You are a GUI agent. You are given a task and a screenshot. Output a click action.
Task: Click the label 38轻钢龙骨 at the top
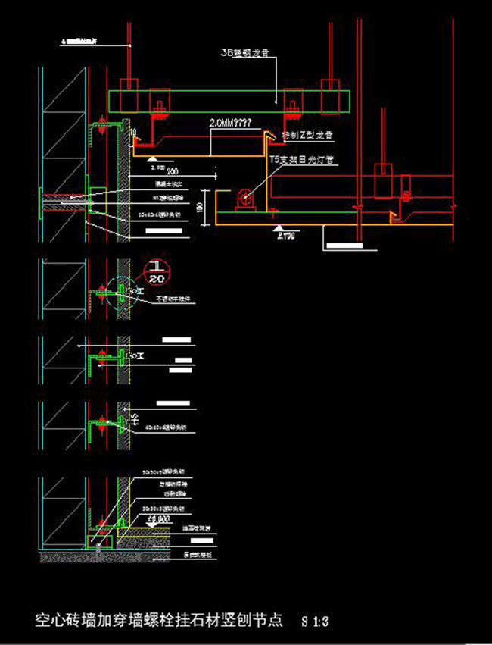(244, 54)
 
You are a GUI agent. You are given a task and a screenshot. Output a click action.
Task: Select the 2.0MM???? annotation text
(233, 121)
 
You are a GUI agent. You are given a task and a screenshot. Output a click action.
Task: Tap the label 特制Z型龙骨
(307, 135)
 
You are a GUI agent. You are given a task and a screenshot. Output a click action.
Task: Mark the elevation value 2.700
(285, 236)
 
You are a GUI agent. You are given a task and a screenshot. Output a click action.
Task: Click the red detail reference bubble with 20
(157, 273)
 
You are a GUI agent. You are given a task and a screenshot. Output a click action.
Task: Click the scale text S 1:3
(314, 621)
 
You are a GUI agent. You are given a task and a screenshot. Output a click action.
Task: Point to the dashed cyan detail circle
(121, 292)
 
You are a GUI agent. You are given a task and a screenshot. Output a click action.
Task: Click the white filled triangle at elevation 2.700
(279, 227)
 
